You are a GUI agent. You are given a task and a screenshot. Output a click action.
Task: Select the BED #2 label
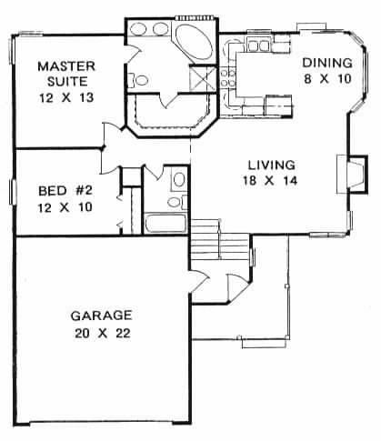click(64, 192)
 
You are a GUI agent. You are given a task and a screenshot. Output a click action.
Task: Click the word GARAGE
click(102, 316)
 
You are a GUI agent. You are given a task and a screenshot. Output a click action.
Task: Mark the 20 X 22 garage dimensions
click(102, 333)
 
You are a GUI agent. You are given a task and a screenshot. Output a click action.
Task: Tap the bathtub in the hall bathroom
click(165, 224)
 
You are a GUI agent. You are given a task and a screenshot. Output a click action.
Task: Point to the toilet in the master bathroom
click(140, 81)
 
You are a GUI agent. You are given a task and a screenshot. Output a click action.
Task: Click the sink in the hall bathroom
click(177, 180)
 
